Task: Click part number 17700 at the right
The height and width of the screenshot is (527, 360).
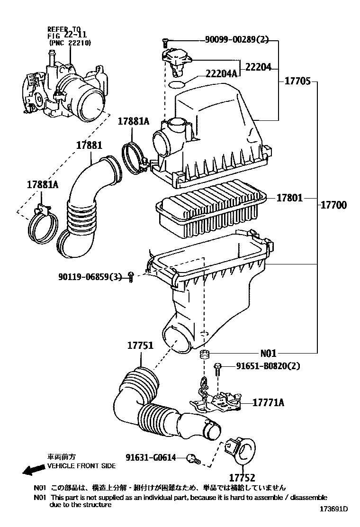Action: tap(333, 205)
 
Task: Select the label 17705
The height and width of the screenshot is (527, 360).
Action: tap(297, 81)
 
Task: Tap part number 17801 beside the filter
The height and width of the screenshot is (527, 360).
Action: tap(289, 198)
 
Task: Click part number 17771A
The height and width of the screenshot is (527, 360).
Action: tap(268, 403)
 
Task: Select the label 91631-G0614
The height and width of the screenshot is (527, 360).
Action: tap(151, 457)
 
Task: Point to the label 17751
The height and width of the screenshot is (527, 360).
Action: tap(140, 346)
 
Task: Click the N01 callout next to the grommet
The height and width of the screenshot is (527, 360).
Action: tap(268, 353)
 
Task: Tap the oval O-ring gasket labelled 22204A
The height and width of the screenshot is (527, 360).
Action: tap(177, 84)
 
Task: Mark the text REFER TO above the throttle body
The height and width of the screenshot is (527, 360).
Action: tap(64, 28)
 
